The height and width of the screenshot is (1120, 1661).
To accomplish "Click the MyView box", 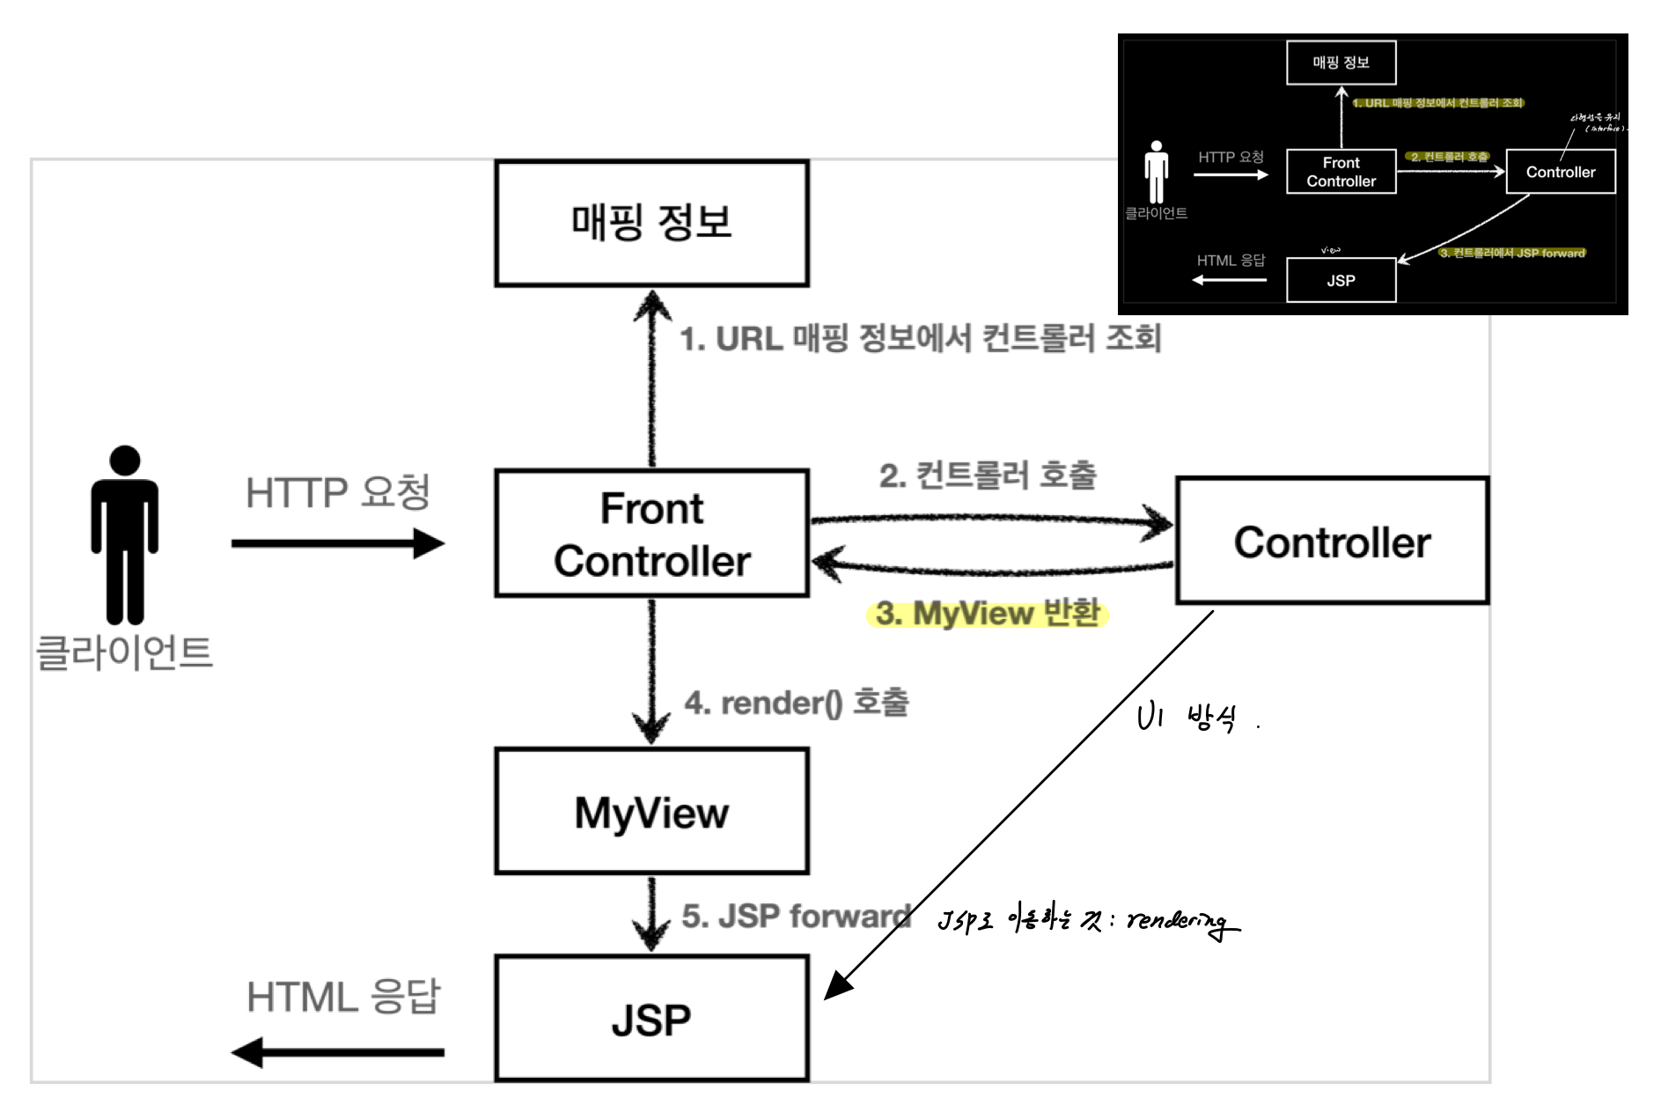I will [x=651, y=811].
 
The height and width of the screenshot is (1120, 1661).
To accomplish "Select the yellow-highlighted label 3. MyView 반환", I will [x=987, y=613].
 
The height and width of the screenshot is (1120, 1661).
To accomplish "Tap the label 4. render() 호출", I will [x=797, y=703].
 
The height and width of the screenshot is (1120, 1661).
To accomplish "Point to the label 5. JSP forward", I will [x=796, y=916].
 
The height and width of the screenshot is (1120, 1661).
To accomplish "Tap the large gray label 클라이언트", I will [x=124, y=652].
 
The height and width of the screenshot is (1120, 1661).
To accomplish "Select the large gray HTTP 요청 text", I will [x=337, y=492].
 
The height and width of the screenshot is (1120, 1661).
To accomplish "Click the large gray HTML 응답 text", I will [x=342, y=997].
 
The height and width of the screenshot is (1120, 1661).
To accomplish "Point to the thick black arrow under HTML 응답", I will [x=338, y=1051].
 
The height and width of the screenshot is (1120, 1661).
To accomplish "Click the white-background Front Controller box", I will [x=651, y=534].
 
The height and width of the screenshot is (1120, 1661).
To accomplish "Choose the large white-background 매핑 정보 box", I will [x=651, y=223].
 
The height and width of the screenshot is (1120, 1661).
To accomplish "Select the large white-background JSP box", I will [x=651, y=1019].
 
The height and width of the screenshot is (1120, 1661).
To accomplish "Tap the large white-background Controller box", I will [x=1332, y=542].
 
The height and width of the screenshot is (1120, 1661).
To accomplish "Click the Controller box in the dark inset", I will [x=1560, y=172].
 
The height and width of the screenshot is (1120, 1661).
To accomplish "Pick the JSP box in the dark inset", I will [x=1341, y=280].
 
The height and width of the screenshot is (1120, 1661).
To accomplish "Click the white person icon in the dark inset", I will [x=1156, y=172].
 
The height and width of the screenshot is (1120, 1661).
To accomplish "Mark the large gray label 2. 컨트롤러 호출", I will [x=988, y=475].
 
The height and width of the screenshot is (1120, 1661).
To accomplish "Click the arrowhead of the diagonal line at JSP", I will [x=836, y=987].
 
